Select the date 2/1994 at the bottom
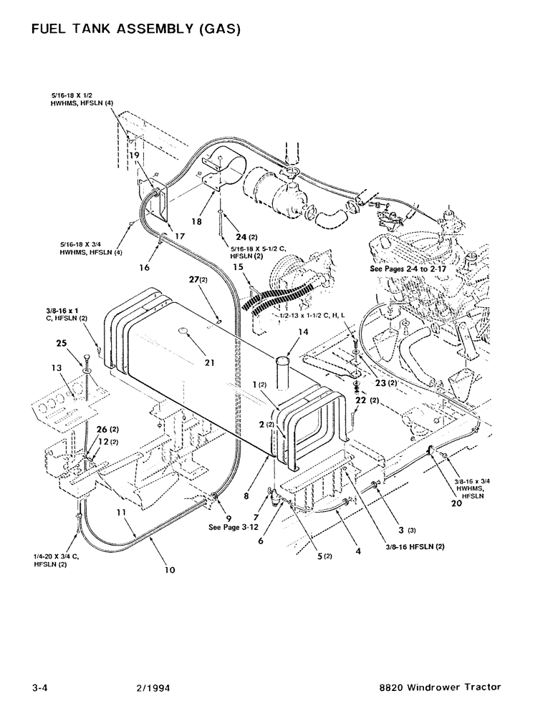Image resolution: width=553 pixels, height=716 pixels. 153,687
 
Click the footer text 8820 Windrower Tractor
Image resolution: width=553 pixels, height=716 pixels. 440,687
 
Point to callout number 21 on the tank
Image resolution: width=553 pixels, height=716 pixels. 208,363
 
